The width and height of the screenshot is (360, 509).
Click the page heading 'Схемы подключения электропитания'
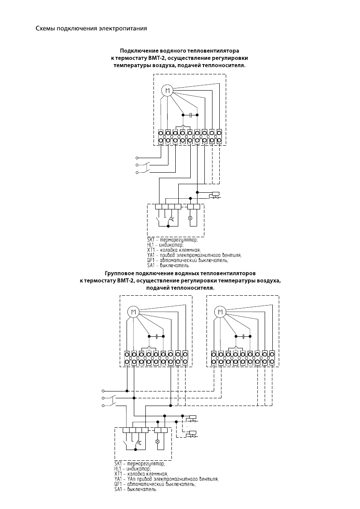tap(91, 29)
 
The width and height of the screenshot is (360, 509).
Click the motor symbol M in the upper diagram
tap(167, 91)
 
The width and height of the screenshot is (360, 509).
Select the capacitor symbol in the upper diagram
tap(190, 115)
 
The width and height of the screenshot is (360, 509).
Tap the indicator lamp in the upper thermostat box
tap(190, 218)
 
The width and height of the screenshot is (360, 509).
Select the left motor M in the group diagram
tap(133, 312)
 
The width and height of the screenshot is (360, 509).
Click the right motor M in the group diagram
tap(221, 312)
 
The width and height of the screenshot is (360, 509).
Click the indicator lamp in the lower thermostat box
tap(157, 441)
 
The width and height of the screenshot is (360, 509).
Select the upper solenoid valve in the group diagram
tap(192, 418)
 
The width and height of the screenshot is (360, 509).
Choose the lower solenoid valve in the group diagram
tap(192, 433)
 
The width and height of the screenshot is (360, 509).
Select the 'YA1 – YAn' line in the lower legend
tap(167, 479)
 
